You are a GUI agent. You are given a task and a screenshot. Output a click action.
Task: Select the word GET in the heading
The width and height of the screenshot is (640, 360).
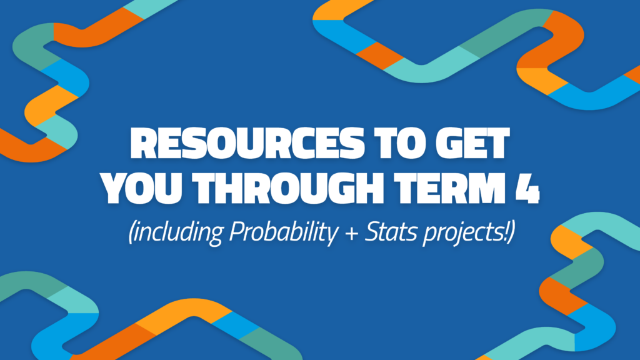[x=471, y=146]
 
